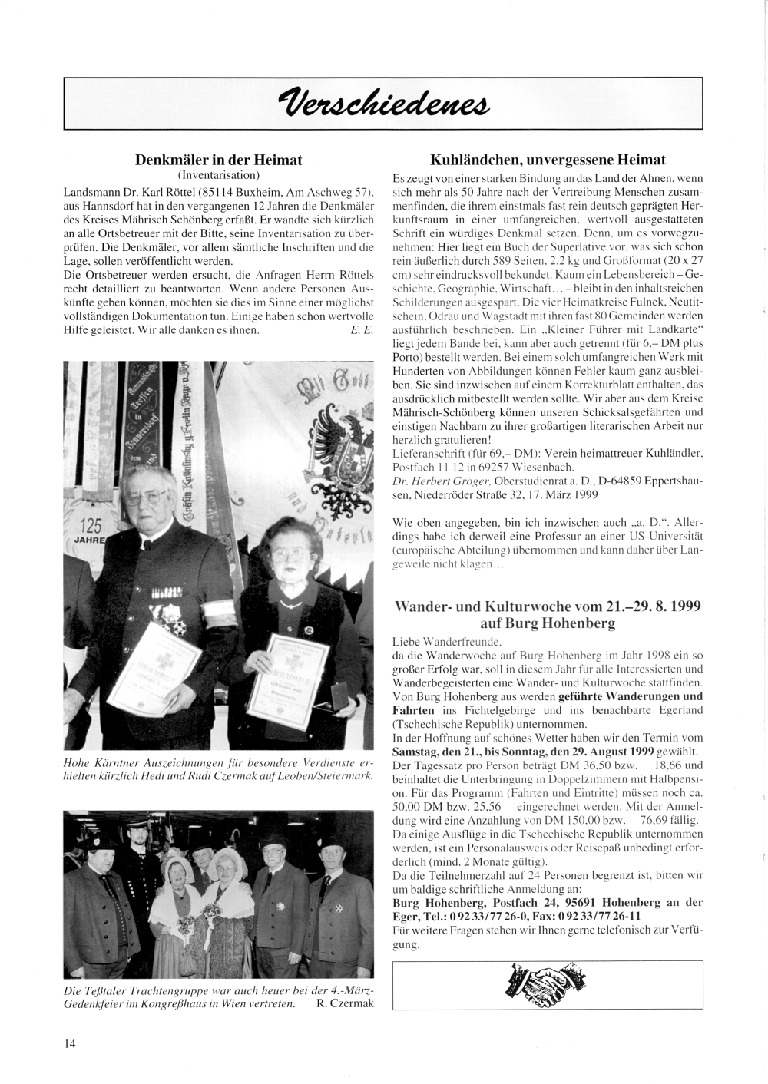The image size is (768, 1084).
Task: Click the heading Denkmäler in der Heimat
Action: [x=219, y=160]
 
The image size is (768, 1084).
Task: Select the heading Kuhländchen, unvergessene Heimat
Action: [x=548, y=160]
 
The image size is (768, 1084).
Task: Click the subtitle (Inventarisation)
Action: [x=219, y=175]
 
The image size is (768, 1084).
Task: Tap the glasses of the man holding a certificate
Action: [x=146, y=496]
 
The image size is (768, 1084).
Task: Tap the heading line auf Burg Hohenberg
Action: [x=548, y=624]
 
